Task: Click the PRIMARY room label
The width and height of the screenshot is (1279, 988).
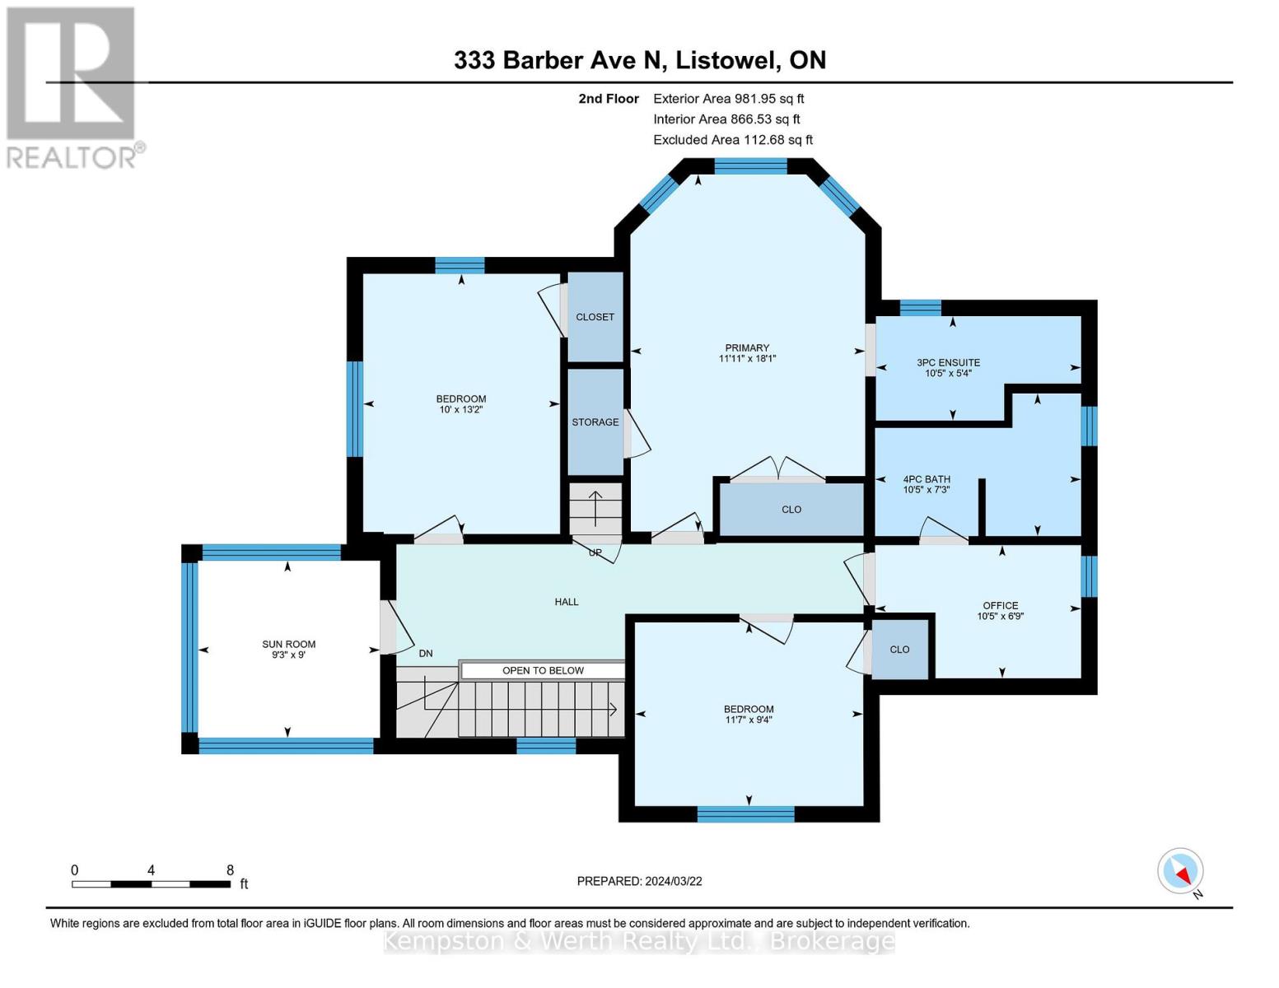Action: pos(747,347)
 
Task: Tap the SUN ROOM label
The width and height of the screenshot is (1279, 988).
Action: pos(288,644)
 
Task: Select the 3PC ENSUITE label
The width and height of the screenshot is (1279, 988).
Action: pos(948,362)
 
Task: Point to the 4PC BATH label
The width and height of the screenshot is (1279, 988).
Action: pos(927,479)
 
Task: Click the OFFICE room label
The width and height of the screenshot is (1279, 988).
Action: pos(1000,605)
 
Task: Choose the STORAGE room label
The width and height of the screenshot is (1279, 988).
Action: pos(595,422)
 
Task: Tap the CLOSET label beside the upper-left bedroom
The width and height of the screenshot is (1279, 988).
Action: pos(595,317)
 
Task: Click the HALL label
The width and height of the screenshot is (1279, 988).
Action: pos(567,602)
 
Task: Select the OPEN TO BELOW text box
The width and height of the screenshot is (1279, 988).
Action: pos(543,670)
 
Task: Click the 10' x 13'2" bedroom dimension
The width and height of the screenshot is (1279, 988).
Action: pos(460,409)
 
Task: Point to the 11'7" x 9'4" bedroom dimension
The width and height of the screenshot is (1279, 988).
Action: pos(749,720)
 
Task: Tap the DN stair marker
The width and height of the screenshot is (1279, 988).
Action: pos(426,654)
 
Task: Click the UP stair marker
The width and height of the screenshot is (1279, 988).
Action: pos(595,552)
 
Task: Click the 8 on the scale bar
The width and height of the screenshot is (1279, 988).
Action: pos(230,870)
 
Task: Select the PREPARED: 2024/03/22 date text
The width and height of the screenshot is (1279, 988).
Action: pos(639,881)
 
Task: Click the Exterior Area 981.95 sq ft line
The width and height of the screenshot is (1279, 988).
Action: pos(728,99)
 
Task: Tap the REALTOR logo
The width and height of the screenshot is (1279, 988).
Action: pos(72,86)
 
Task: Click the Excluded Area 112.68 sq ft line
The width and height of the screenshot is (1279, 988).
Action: pos(732,140)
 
